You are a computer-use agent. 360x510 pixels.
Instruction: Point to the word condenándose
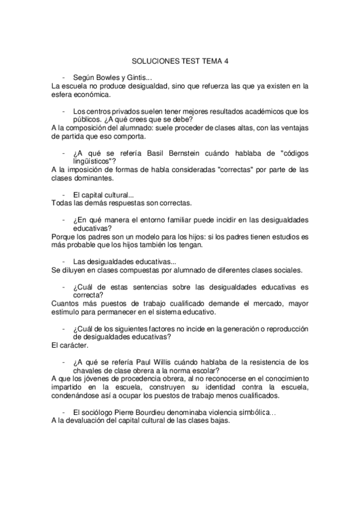click(79, 396)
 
